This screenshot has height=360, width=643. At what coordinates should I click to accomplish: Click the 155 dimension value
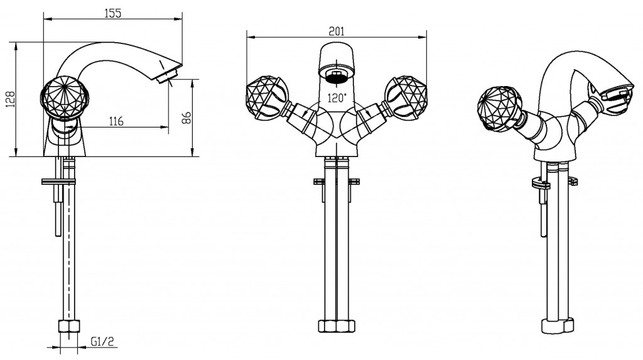click(x=113, y=13)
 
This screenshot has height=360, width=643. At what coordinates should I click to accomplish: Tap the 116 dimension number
click(x=116, y=121)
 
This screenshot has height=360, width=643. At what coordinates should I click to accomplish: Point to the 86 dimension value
click(x=186, y=118)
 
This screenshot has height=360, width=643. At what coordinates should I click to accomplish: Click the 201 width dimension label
click(x=337, y=31)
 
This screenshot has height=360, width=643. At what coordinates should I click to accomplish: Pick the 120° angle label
click(x=337, y=98)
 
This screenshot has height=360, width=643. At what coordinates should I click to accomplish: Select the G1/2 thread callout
click(x=102, y=341)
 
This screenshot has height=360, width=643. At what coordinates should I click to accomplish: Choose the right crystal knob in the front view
click(x=406, y=98)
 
